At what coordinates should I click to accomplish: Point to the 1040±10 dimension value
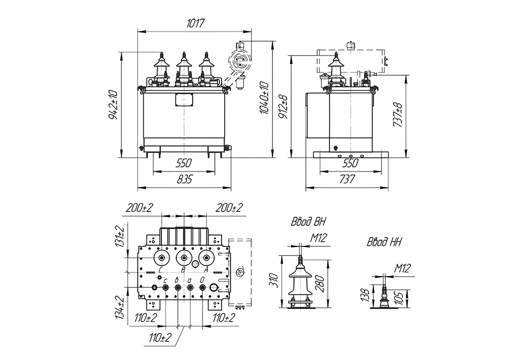[x=264, y=98]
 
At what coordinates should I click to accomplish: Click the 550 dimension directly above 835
[x=183, y=163]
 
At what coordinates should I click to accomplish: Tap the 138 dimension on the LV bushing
[x=364, y=295]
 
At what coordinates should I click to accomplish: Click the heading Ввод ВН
[x=307, y=222]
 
